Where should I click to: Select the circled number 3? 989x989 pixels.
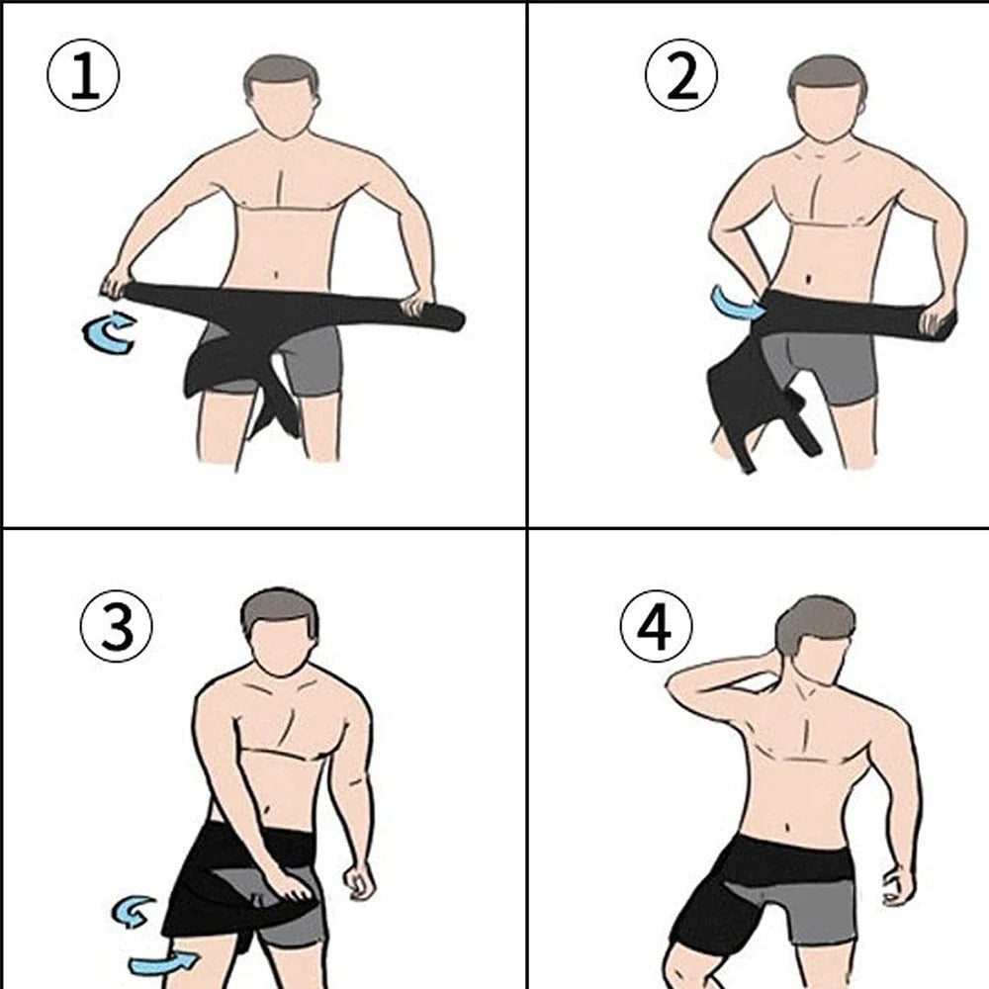click(117, 630)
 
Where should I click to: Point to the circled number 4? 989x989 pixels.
click(657, 630)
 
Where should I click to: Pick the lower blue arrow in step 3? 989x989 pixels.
click(162, 960)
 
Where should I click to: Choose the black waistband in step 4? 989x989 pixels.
click(781, 861)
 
